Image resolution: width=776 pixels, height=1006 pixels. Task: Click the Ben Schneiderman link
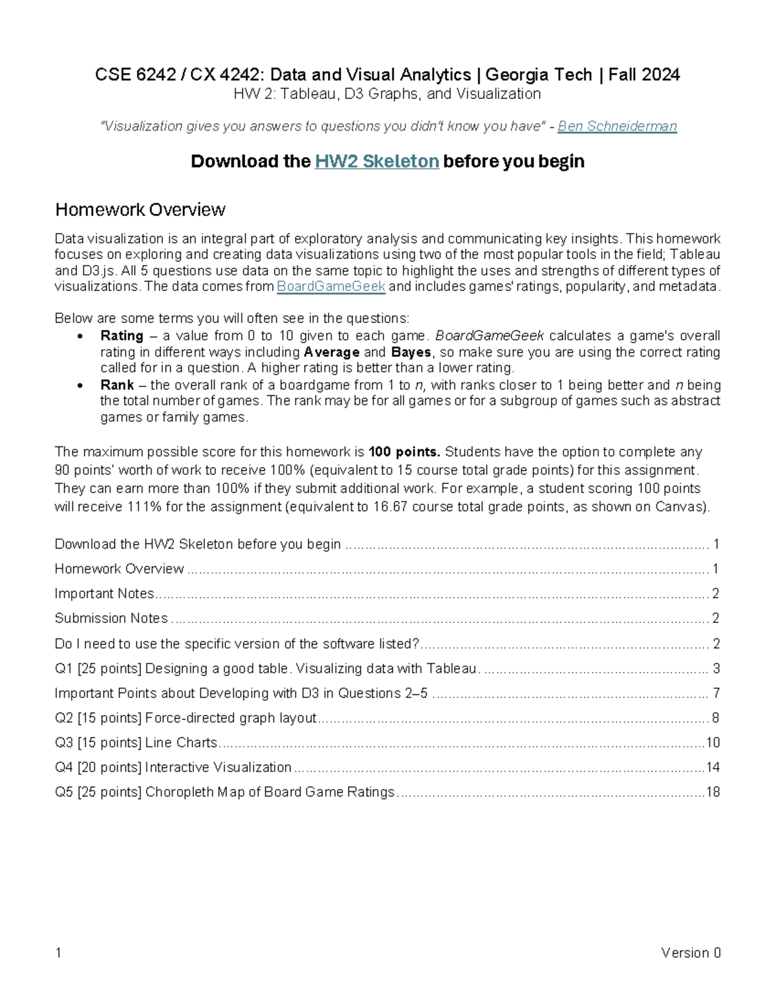point(617,126)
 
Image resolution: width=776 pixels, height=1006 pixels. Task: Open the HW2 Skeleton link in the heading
point(376,161)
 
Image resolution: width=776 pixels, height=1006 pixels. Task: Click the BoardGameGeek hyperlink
point(330,287)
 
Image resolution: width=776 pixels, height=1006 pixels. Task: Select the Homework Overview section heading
point(140,210)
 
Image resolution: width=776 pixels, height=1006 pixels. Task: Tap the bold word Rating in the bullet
point(122,336)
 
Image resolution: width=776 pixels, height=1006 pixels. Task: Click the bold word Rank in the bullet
point(117,385)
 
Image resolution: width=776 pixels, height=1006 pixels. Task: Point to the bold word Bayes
point(411,352)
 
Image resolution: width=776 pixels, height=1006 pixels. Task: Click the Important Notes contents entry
point(104,593)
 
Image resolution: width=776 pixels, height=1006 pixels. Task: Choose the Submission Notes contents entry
point(111,618)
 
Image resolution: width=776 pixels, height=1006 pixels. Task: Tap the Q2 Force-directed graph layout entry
point(186,717)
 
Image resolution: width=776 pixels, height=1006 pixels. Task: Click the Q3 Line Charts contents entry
point(136,742)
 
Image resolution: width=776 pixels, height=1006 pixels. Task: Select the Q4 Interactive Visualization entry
point(173,767)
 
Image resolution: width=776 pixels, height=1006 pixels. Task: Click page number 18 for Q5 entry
point(713,792)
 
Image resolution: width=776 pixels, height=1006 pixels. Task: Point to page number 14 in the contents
point(713,767)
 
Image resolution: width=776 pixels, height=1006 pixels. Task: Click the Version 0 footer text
point(690,952)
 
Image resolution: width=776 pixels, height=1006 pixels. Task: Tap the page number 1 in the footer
point(58,952)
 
